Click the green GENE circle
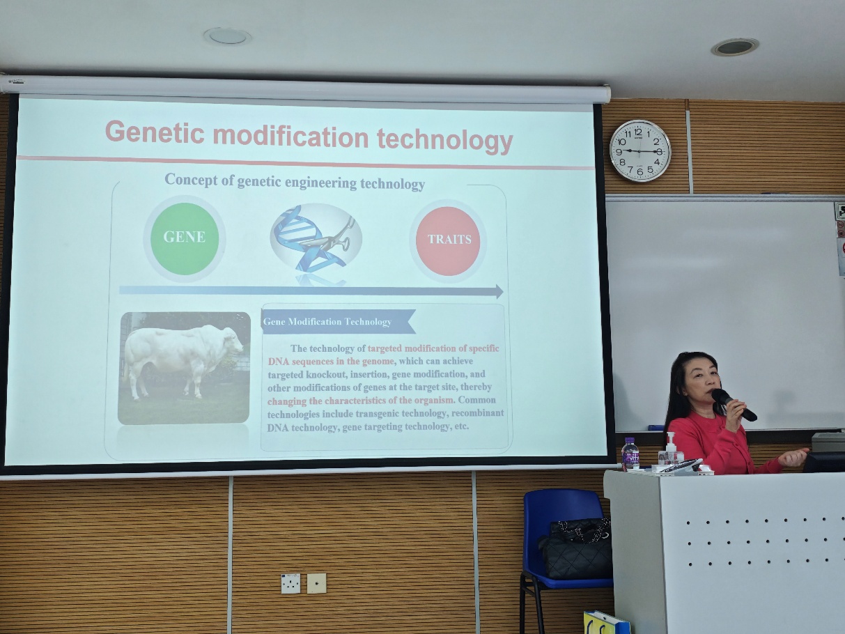tap(185, 239)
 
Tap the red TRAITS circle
tap(448, 241)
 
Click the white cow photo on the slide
tap(185, 368)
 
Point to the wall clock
tap(639, 150)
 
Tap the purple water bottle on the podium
tap(630, 454)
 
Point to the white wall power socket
tap(290, 584)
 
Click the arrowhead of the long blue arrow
tap(499, 292)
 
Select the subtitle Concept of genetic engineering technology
tap(295, 182)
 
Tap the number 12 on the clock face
tap(638, 132)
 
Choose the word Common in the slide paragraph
tap(476, 400)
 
